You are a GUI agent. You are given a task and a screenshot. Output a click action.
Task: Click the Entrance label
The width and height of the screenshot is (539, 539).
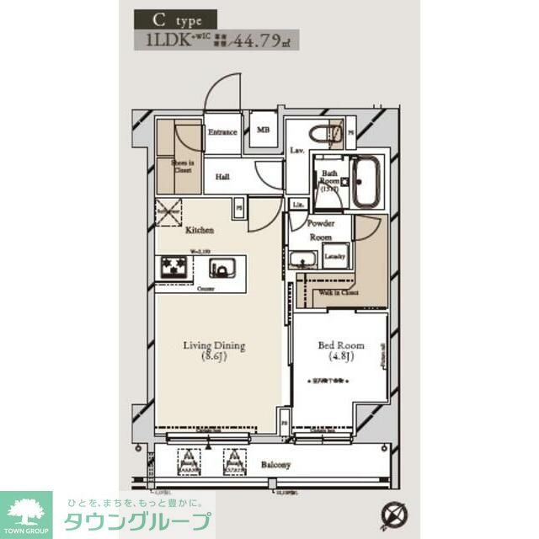222,133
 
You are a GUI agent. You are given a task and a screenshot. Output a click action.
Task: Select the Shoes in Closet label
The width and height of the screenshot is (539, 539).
183,168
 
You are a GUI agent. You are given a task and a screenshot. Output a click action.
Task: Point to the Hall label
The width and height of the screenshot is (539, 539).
222,177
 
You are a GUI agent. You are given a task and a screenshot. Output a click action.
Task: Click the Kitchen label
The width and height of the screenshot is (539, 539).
200,230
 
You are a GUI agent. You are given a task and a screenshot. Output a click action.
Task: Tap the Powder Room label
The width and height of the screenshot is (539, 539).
320,229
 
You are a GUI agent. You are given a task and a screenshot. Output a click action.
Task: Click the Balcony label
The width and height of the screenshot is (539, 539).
275,464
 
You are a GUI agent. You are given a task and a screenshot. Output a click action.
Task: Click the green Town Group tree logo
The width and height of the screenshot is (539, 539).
25,511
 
